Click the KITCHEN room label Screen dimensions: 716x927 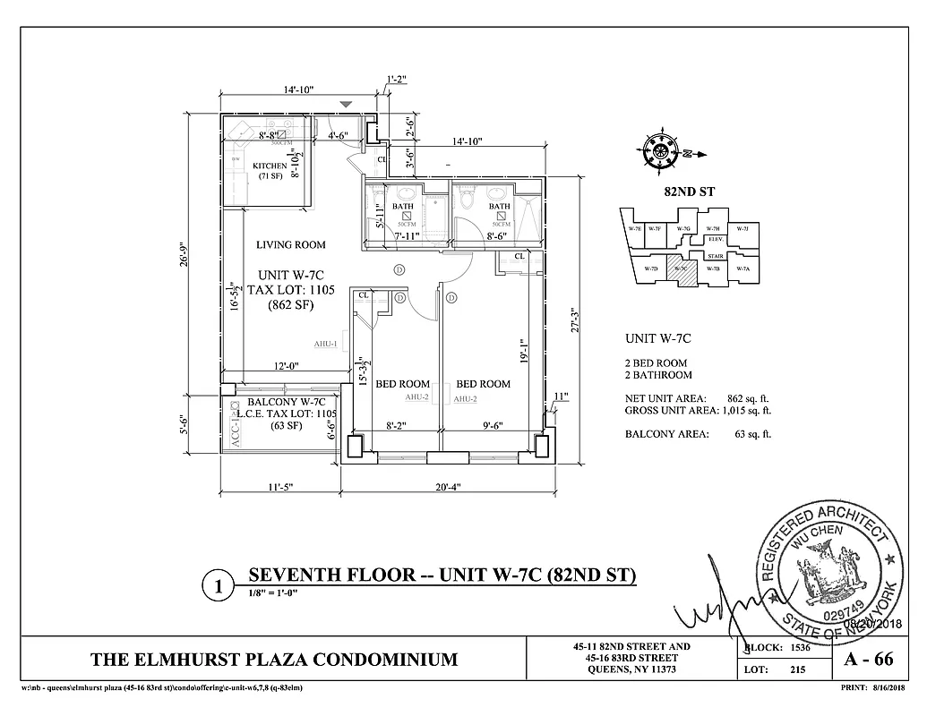coord(270,166)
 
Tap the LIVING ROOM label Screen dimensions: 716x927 coord(290,244)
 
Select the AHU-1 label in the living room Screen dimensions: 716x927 coord(325,344)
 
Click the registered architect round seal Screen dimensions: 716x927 coord(828,572)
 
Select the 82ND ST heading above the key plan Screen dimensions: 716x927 coord(682,192)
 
